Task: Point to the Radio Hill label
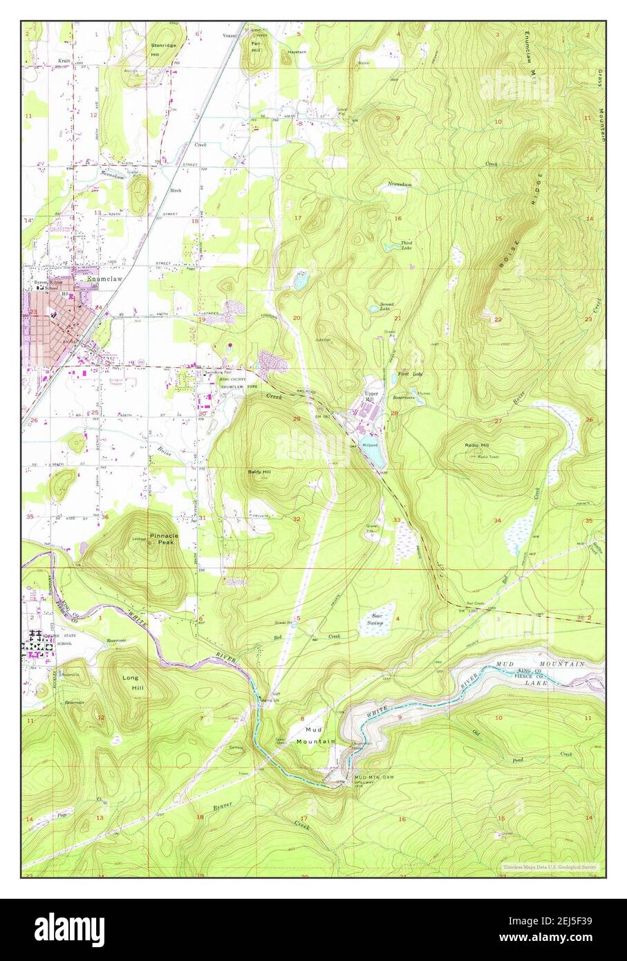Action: pyautogui.click(x=476, y=445)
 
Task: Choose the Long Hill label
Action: pyautogui.click(x=131, y=682)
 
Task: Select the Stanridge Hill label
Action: pyautogui.click(x=162, y=48)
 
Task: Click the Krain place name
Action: pyautogui.click(x=64, y=60)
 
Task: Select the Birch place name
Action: pyautogui.click(x=176, y=189)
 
